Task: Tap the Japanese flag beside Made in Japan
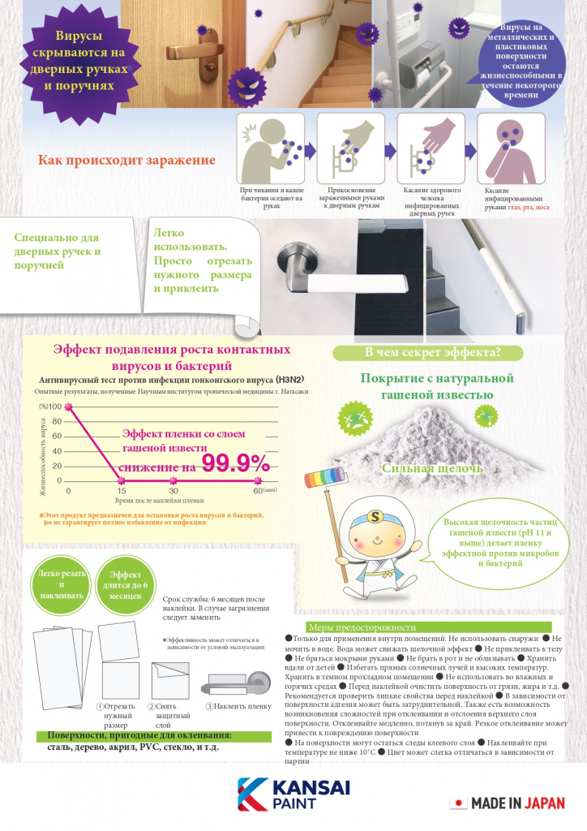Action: (x=459, y=803)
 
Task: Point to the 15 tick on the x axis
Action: (x=121, y=491)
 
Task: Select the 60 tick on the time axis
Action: (x=258, y=491)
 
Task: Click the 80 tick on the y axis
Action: (x=58, y=421)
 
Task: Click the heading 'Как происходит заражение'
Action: (x=126, y=160)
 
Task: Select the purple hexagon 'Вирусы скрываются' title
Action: (x=79, y=61)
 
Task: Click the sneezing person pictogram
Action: (x=271, y=149)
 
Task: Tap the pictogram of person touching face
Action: (x=504, y=149)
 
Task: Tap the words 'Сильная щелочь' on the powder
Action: (x=431, y=468)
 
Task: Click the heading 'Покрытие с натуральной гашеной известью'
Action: (x=438, y=386)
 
